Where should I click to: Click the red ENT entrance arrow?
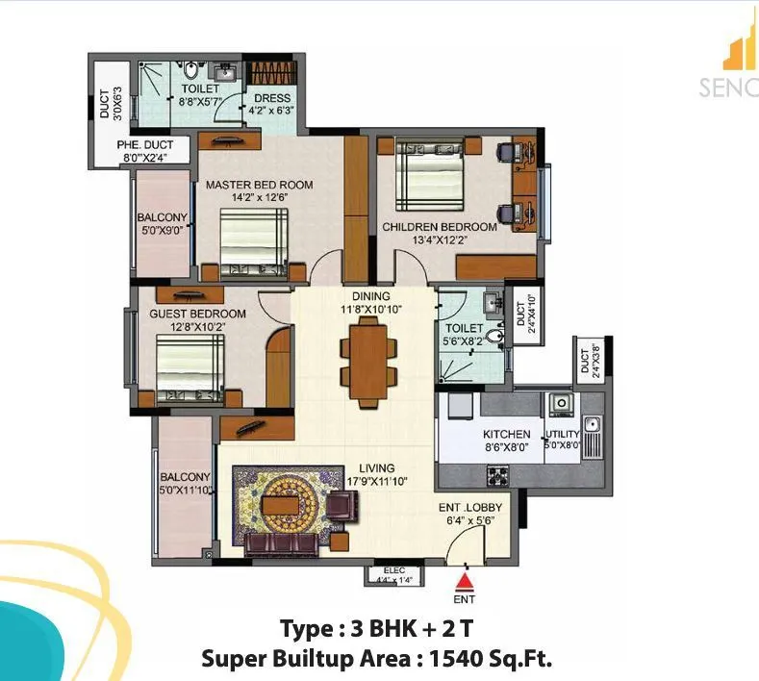pyautogui.click(x=465, y=580)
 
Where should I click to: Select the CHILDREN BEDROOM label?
pyautogui.click(x=440, y=227)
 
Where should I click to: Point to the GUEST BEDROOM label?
pyautogui.click(x=197, y=314)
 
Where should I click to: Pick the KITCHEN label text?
pyautogui.click(x=506, y=435)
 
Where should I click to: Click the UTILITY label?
pyautogui.click(x=564, y=435)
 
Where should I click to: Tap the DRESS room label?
pyautogui.click(x=270, y=98)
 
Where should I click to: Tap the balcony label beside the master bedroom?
pyautogui.click(x=161, y=217)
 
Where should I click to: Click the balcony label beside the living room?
pyautogui.click(x=185, y=477)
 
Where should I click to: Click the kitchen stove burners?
pyautogui.click(x=497, y=473)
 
